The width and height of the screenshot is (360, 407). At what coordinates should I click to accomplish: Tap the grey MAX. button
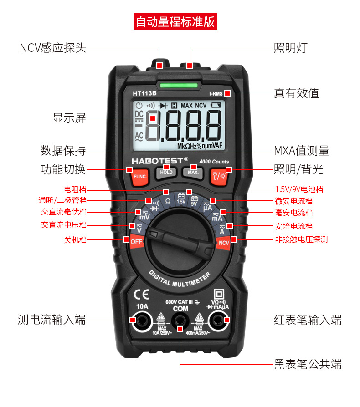click(x=193, y=173)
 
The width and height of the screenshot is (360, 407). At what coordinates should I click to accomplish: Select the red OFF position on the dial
click(x=137, y=242)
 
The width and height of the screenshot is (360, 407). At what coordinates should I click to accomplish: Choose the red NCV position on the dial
click(x=224, y=243)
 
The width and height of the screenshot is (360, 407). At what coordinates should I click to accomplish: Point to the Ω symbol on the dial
click(x=168, y=201)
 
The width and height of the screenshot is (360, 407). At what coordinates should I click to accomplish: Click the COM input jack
click(x=180, y=322)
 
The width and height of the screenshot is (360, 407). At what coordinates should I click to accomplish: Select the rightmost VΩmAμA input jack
click(x=218, y=321)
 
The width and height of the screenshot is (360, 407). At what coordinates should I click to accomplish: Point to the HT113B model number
click(x=144, y=93)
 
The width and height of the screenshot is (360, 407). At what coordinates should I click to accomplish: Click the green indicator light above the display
click(x=180, y=84)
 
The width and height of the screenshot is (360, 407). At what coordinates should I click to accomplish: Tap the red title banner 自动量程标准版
click(x=175, y=21)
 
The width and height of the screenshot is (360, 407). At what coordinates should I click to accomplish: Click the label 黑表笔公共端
click(x=308, y=364)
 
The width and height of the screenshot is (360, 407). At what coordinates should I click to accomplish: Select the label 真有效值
click(x=296, y=93)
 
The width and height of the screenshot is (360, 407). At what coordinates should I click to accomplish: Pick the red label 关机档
click(x=75, y=239)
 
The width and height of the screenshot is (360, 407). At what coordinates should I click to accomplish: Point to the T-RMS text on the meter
click(x=216, y=94)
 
